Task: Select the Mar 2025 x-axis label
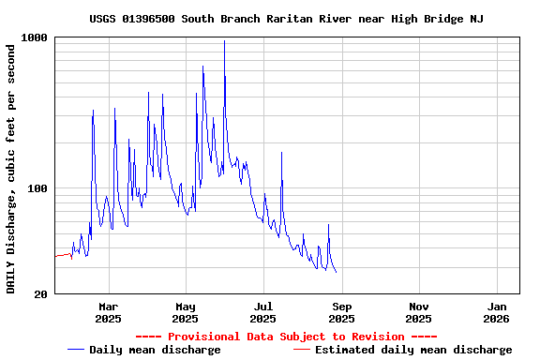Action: [108, 312]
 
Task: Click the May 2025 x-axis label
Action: [186, 312]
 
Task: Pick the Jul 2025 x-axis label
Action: [263, 312]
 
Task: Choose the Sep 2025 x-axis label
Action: [341, 312]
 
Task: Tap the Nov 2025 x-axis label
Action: [419, 312]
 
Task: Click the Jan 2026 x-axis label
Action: [497, 312]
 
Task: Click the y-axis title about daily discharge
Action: [11, 167]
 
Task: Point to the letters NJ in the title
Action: [476, 19]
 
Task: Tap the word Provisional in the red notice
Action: [204, 337]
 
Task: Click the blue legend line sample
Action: [76, 350]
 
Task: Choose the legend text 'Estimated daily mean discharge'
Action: [413, 350]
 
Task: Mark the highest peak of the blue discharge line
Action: [224, 41]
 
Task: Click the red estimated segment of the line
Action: [64, 255]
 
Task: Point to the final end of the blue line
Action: [336, 272]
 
